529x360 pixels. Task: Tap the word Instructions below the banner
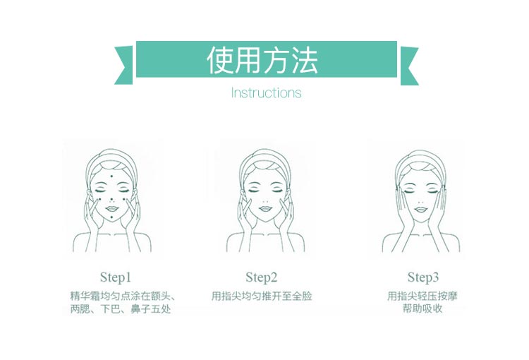click(x=266, y=92)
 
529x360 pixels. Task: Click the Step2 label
click(x=262, y=277)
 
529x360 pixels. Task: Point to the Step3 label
click(x=423, y=277)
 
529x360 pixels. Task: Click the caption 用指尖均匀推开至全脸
click(x=262, y=296)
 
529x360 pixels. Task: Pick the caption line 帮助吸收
click(x=423, y=308)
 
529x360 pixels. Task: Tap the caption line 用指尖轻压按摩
click(x=423, y=296)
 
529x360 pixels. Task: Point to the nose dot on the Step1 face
click(x=111, y=198)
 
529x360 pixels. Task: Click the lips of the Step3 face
click(x=422, y=209)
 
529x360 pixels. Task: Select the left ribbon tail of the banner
click(x=124, y=66)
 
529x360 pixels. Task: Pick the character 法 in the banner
click(x=304, y=61)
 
